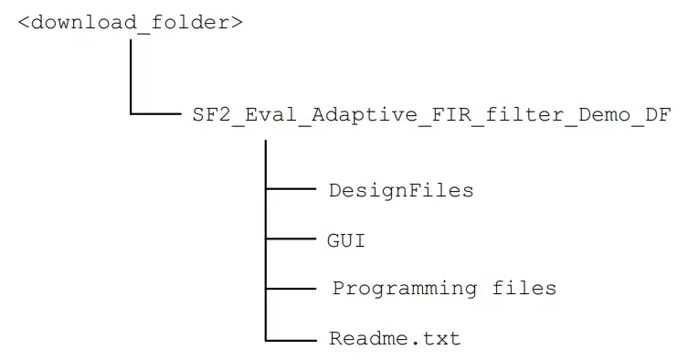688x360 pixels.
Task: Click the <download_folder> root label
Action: (x=130, y=22)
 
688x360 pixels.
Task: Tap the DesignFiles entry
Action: (x=401, y=190)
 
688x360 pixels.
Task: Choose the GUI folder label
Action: (x=346, y=240)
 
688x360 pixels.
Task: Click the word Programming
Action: (x=404, y=289)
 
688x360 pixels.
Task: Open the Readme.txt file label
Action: (x=395, y=339)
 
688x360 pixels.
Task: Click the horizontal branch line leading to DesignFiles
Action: (x=290, y=190)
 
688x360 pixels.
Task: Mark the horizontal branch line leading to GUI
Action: (x=290, y=239)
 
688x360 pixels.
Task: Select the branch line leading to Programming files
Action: (x=290, y=289)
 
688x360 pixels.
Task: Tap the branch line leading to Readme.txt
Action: (x=290, y=339)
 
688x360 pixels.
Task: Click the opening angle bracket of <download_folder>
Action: (x=24, y=22)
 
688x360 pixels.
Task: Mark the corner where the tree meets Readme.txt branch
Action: (x=265, y=339)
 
